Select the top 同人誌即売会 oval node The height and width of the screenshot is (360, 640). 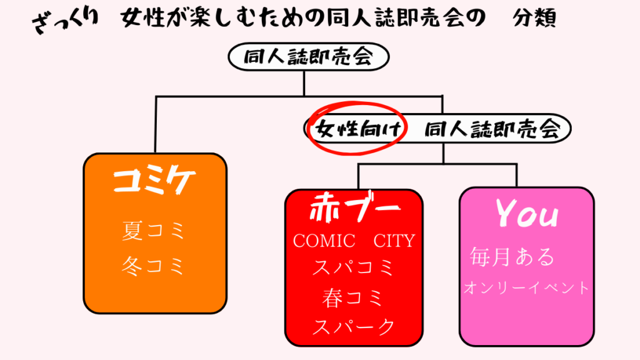pos(308,58)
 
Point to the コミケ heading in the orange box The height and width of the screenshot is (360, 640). pos(154,181)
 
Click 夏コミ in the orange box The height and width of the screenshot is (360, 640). pos(154,231)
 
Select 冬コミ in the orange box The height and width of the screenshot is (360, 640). pos(154,266)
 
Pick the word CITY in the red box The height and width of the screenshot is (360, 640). pos(394,241)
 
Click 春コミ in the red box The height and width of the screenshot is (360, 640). pos(354,298)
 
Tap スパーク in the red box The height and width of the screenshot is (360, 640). pos(354,326)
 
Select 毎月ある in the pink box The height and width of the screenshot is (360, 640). pos(512,257)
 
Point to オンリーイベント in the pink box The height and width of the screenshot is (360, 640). pos(526,288)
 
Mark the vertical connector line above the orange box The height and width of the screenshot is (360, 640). pos(156,125)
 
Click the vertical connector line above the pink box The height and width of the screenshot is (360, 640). pos(516,176)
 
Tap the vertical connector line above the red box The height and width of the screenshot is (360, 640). pos(359,177)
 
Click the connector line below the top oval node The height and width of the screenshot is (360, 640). pos(304,83)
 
